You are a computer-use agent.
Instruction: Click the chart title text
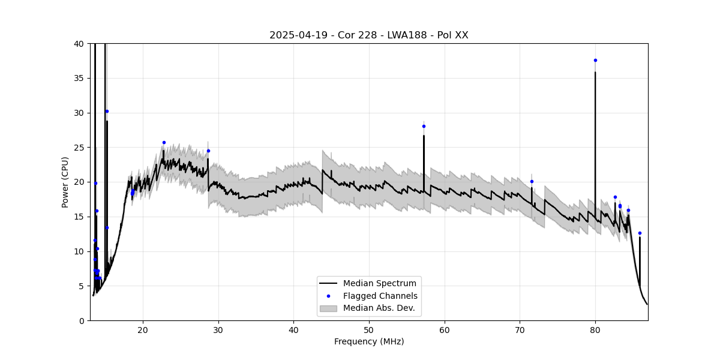tap(368, 35)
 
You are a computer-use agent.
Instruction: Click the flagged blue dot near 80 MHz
tap(595, 60)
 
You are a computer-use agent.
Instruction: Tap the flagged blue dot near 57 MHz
tap(424, 126)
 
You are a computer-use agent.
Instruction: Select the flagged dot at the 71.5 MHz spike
tap(532, 181)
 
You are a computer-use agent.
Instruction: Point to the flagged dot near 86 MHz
tap(640, 233)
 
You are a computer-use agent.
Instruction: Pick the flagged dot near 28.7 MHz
tap(208, 151)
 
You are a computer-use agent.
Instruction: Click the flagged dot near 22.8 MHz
tap(164, 142)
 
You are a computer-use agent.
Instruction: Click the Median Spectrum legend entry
tap(379, 283)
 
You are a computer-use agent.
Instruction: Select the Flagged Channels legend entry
tap(380, 296)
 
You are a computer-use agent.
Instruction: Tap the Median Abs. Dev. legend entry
tap(379, 308)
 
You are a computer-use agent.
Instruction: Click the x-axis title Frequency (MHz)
tap(369, 341)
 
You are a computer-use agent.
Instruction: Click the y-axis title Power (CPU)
tap(65, 182)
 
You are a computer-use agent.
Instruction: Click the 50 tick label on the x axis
tap(369, 330)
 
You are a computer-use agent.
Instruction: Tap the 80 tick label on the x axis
tap(595, 330)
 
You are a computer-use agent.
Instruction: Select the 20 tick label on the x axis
tap(143, 330)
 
